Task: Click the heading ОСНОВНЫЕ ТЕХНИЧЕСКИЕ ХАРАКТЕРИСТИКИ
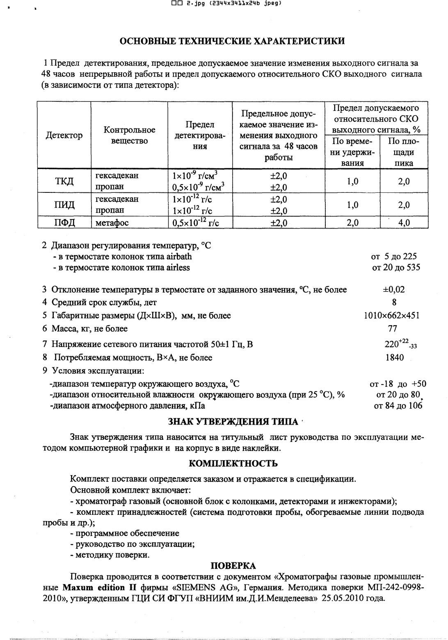click(x=232, y=41)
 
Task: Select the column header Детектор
click(x=64, y=135)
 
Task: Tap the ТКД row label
click(x=64, y=181)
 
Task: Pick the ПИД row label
click(x=64, y=205)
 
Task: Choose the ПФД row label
click(x=64, y=223)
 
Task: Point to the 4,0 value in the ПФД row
click(x=404, y=223)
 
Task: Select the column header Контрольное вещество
click(x=129, y=135)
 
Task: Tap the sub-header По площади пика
click(x=404, y=152)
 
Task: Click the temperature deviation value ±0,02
click(x=394, y=290)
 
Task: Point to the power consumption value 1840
click(x=395, y=357)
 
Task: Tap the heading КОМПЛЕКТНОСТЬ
click(x=233, y=464)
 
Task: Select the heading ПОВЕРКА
click(x=233, y=566)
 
